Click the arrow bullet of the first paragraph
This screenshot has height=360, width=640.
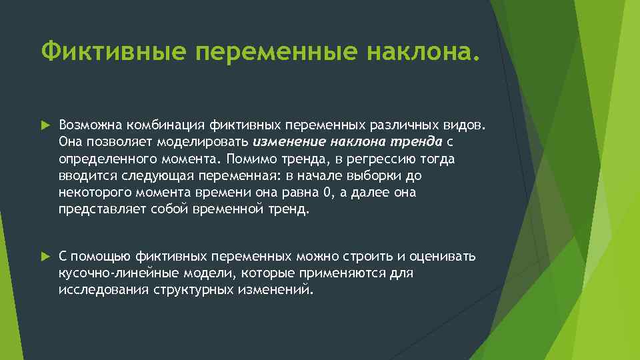click(x=45, y=125)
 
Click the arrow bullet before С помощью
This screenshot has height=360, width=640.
click(x=45, y=257)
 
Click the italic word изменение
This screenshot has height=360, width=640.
click(x=286, y=141)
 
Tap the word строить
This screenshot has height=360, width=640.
click(x=371, y=256)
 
